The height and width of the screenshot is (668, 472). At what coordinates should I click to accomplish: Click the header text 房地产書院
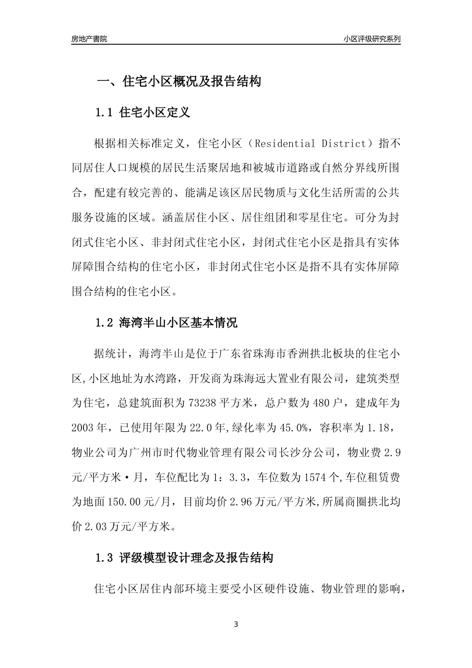[89, 39]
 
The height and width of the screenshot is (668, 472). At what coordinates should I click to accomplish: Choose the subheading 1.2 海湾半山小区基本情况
[166, 323]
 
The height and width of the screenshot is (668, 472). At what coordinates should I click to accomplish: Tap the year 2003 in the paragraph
[83, 427]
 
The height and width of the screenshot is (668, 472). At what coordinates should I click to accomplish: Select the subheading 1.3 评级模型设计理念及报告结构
[184, 558]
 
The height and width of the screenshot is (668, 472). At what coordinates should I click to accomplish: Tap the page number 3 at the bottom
[236, 624]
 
